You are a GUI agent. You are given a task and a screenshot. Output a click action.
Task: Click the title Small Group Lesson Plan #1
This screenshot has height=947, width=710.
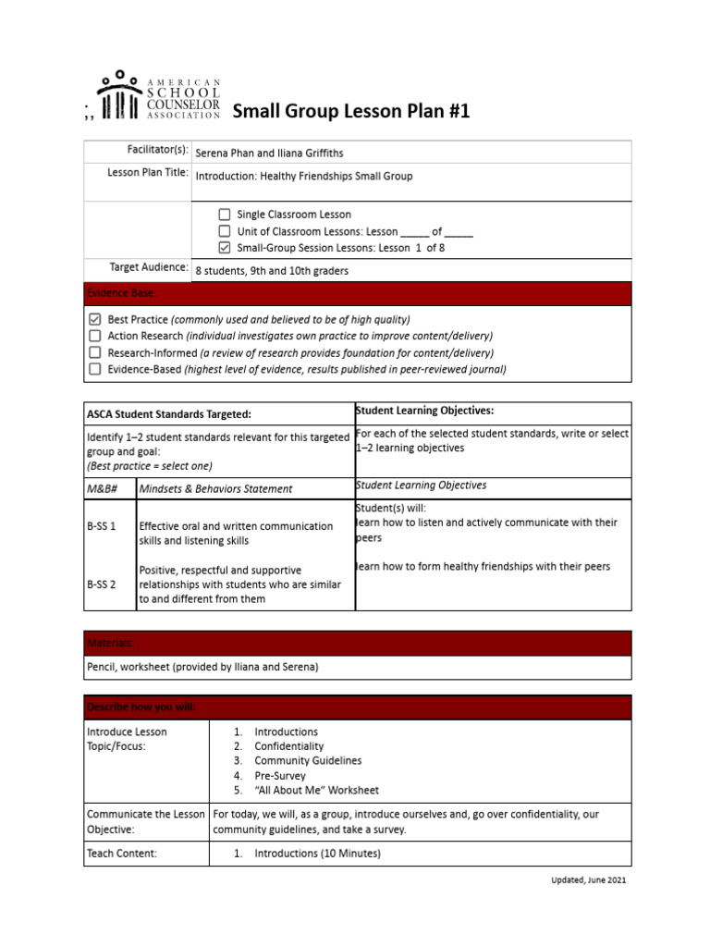point(350,112)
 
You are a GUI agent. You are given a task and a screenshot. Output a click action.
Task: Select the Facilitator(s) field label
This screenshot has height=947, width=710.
point(157,150)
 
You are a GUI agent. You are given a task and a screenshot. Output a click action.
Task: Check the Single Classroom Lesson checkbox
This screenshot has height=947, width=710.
point(225,215)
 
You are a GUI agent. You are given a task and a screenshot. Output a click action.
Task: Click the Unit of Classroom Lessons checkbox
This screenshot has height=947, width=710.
point(225,231)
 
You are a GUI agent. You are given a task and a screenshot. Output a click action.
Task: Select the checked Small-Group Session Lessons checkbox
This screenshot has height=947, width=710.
point(225,248)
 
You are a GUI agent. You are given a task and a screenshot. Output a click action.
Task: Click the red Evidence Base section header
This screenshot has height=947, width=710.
point(357,293)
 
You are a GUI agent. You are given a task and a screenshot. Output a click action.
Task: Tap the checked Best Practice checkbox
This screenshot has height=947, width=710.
point(94,319)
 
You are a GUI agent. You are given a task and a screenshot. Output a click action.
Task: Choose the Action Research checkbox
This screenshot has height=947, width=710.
point(94,336)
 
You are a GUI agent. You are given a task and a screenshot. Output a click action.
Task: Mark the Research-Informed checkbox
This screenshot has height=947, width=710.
point(94,352)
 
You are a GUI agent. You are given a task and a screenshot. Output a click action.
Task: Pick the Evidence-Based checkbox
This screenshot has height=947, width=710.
point(94,369)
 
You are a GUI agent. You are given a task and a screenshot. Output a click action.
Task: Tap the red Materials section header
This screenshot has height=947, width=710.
point(357,643)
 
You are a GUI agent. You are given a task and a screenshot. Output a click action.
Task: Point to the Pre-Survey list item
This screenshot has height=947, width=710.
point(279,776)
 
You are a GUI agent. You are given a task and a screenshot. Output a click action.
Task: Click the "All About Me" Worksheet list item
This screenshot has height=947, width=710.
point(316,791)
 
